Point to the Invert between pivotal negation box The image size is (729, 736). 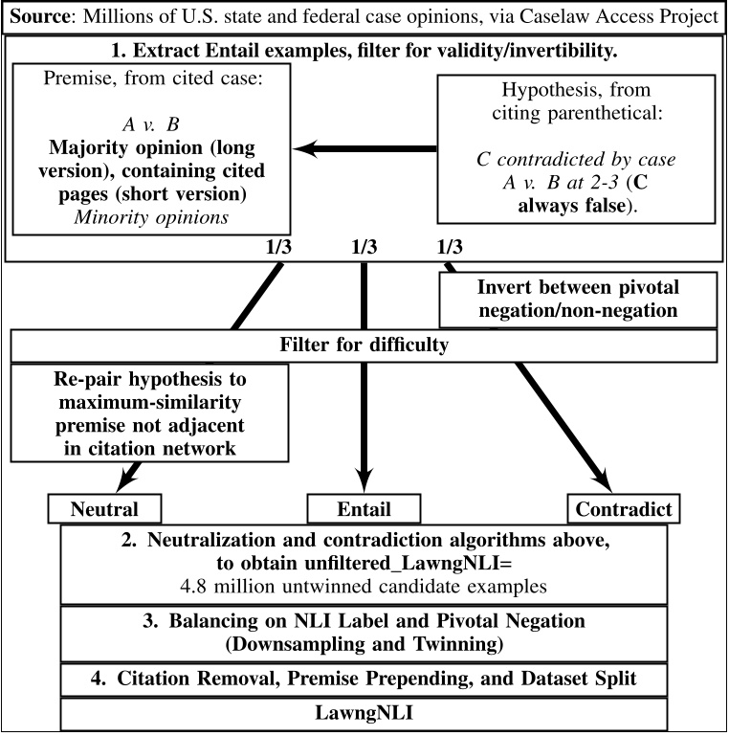pyautogui.click(x=577, y=299)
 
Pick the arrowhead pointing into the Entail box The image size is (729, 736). pyautogui.click(x=364, y=484)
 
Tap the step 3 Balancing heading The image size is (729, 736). pyautogui.click(x=363, y=632)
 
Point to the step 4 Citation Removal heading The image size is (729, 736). pyautogui.click(x=363, y=680)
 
